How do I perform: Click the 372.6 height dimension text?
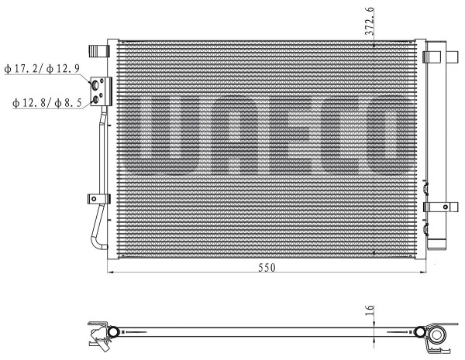tap(370, 22)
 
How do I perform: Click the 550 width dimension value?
tap(267, 268)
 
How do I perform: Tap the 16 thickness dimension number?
tap(370, 310)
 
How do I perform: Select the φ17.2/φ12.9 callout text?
tap(42, 69)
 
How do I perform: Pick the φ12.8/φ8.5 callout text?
tap(46, 103)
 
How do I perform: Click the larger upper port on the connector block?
tap(95, 85)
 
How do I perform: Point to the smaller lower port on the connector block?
tap(95, 100)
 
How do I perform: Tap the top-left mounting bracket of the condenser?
tap(99, 50)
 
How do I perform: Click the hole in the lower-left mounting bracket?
tap(94, 199)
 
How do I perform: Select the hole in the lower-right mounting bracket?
tap(446, 207)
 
